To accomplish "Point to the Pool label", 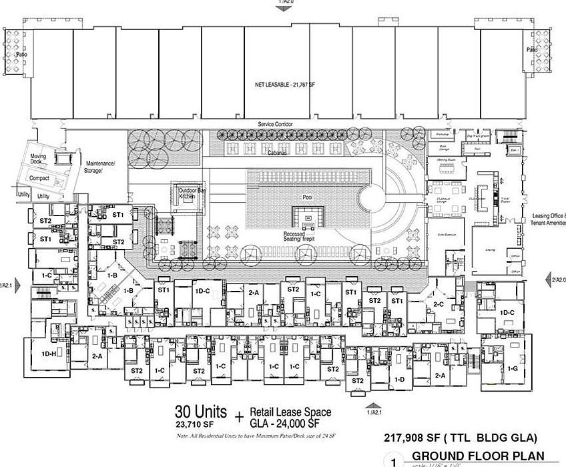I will [x=307, y=197].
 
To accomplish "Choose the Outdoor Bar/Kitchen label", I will [x=188, y=194].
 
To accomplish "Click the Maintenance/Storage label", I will [x=101, y=167].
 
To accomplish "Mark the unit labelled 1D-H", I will [x=48, y=353].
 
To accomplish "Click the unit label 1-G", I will [x=513, y=368].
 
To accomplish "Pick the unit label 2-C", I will [x=439, y=304].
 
